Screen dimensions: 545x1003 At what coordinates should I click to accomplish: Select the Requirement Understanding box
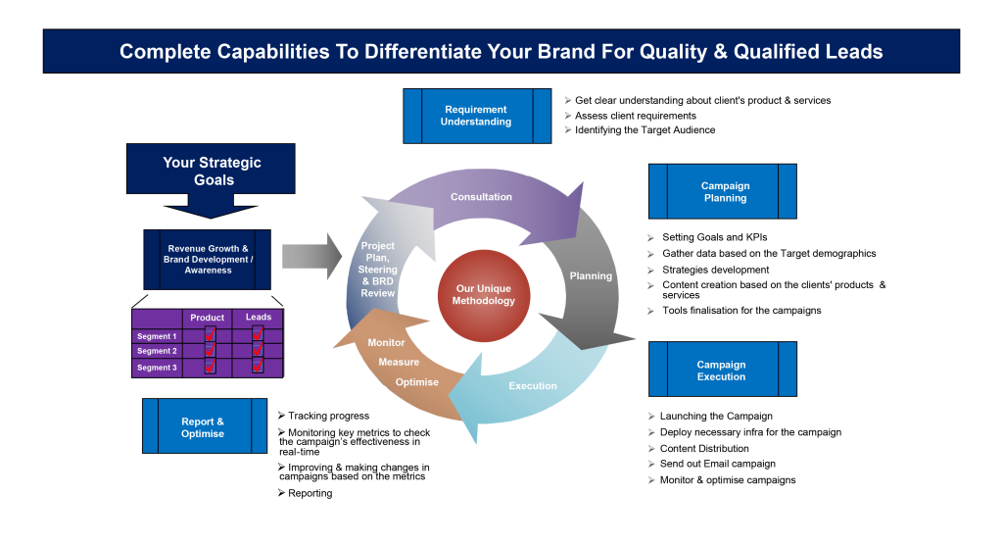(x=476, y=116)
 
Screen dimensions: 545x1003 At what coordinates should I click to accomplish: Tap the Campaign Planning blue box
(x=724, y=191)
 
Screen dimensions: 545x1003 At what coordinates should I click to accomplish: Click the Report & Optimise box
(x=204, y=427)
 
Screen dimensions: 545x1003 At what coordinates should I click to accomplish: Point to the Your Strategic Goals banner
(x=212, y=171)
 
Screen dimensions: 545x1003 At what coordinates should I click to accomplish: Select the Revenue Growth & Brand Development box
(x=208, y=260)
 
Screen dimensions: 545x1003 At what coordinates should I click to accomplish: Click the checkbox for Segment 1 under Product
(x=210, y=335)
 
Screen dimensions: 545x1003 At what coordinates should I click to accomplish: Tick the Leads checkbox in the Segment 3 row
(x=258, y=367)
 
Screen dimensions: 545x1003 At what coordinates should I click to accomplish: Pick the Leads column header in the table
(x=259, y=318)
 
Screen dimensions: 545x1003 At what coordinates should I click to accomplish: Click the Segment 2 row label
(x=157, y=351)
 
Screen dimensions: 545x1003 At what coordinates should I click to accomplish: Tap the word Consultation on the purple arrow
(x=481, y=197)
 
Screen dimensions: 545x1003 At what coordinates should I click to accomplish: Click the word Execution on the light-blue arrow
(x=533, y=386)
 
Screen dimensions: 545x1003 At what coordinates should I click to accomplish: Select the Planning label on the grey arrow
(x=591, y=276)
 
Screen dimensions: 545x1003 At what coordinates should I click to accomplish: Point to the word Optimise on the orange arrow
(x=417, y=381)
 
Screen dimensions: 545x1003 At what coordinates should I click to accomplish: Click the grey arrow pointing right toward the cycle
(x=304, y=256)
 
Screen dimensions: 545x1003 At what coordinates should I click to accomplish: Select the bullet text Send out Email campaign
(x=717, y=464)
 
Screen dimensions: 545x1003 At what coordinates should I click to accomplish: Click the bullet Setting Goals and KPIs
(x=714, y=237)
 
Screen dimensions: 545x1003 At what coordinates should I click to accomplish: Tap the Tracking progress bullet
(x=328, y=416)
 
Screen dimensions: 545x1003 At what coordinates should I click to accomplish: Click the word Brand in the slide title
(x=566, y=52)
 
